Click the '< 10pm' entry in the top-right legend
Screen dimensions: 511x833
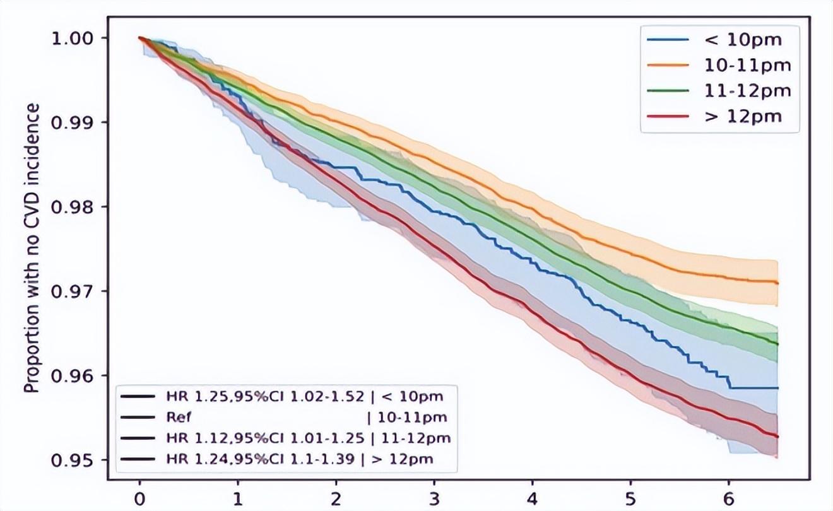pos(742,40)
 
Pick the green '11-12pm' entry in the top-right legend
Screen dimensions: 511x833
pos(747,90)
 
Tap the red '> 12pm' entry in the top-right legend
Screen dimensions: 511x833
pos(742,116)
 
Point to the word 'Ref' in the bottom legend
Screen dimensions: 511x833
pos(174,418)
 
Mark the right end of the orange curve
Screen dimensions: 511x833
pos(777,283)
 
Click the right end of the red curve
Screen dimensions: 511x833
pos(777,437)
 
